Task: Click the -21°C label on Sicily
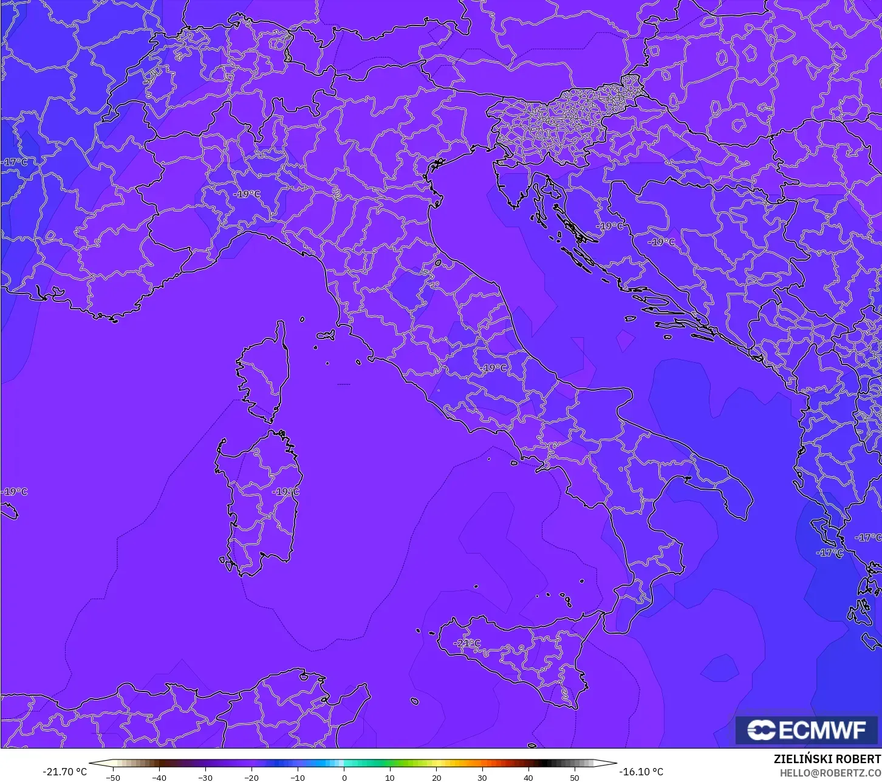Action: point(467,643)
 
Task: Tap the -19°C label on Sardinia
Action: point(285,492)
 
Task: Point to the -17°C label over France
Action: point(15,162)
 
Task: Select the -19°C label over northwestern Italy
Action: point(247,194)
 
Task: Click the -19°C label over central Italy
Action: point(494,368)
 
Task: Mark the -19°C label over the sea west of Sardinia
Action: point(15,492)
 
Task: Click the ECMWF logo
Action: point(807,730)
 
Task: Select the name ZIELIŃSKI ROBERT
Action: point(827,760)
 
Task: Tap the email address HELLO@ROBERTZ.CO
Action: point(830,773)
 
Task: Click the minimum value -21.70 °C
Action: point(64,772)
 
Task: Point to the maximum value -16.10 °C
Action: point(641,772)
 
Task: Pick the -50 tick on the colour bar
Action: point(113,777)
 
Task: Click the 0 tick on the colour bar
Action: point(344,777)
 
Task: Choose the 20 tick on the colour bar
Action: point(436,777)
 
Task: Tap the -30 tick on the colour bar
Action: point(205,777)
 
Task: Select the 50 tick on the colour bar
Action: point(575,777)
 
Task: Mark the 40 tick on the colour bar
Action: point(528,777)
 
